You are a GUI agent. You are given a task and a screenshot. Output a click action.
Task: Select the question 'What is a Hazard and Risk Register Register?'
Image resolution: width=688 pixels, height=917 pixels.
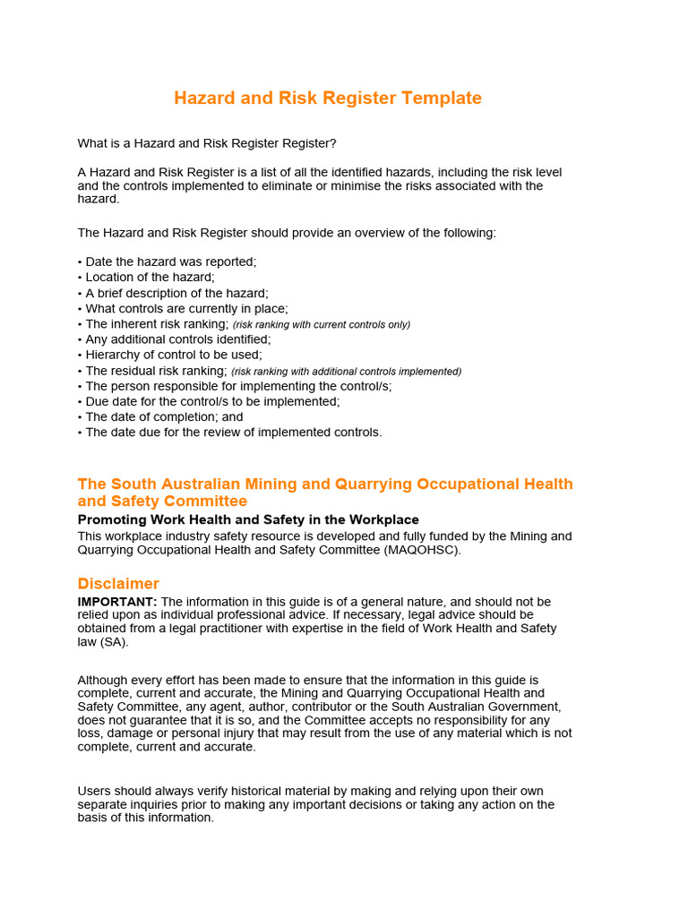pyautogui.click(x=207, y=143)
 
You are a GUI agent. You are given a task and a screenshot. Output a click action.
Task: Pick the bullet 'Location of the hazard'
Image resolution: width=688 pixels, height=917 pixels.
pyautogui.click(x=150, y=277)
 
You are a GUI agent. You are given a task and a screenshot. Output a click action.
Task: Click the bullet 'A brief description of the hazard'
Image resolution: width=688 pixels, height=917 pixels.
pyautogui.click(x=176, y=293)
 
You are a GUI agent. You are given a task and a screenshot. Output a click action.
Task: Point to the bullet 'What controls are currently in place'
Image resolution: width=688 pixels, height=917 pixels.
pyautogui.click(x=186, y=308)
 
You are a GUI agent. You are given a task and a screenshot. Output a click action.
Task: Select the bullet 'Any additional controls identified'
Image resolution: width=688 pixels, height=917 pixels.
pyautogui.click(x=177, y=339)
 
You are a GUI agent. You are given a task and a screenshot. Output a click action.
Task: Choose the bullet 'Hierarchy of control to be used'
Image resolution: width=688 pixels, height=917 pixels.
pyautogui.click(x=173, y=355)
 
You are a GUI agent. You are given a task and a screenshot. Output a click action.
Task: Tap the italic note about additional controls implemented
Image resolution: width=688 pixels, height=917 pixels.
pyautogui.click(x=346, y=372)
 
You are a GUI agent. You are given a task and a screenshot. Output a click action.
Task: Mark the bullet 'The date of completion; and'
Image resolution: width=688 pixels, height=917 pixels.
pyautogui.click(x=164, y=416)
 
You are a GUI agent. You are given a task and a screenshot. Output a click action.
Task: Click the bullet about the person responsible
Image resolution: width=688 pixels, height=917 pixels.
pyautogui.click(x=238, y=386)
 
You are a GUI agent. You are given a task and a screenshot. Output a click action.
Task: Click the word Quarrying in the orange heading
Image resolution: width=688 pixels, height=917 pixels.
pyautogui.click(x=368, y=484)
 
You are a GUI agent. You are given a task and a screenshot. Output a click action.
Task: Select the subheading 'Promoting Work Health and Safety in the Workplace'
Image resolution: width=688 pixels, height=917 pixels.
pyautogui.click(x=248, y=519)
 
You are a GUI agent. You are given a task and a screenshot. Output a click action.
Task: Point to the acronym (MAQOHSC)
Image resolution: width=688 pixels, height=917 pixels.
pyautogui.click(x=422, y=550)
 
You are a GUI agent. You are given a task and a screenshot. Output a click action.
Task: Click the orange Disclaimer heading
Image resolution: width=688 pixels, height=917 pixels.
pyautogui.click(x=118, y=583)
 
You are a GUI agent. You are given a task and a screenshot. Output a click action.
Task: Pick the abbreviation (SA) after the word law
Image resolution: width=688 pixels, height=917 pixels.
pyautogui.click(x=116, y=642)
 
